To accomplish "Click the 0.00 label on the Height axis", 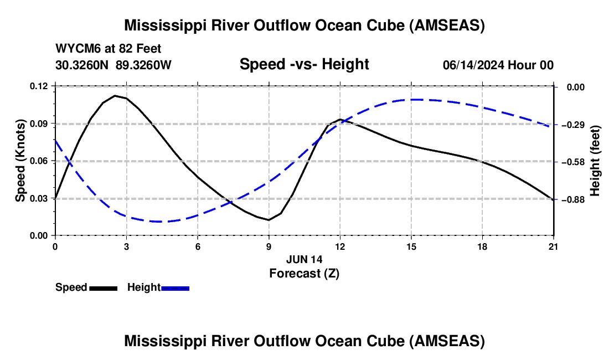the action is click(x=576, y=87).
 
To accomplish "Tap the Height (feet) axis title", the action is click(x=595, y=161).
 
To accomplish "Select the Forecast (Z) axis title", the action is click(x=304, y=274).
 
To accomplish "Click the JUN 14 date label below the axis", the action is click(x=304, y=259).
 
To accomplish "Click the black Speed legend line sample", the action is click(x=104, y=289).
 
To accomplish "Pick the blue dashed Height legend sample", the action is click(x=175, y=289).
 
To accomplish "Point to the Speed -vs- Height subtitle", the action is click(x=304, y=64).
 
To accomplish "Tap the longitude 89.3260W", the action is click(x=144, y=65).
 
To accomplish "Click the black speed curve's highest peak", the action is click(x=115, y=95).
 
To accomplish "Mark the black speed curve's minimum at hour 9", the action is click(x=269, y=220).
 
